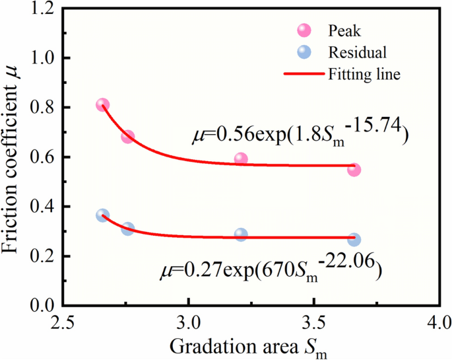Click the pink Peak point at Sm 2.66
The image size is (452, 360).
(x=102, y=105)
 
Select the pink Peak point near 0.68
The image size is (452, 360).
(x=127, y=137)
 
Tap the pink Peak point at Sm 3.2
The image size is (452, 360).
(x=241, y=159)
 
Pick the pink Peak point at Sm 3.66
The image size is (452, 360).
(x=354, y=170)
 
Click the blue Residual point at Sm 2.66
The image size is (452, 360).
(x=102, y=215)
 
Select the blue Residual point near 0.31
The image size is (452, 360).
(x=127, y=229)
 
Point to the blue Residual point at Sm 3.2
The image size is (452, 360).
(x=241, y=234)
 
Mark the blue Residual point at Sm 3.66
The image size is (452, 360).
(x=354, y=240)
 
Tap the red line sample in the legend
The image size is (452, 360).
(x=304, y=73)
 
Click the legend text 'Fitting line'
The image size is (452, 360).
(x=364, y=73)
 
